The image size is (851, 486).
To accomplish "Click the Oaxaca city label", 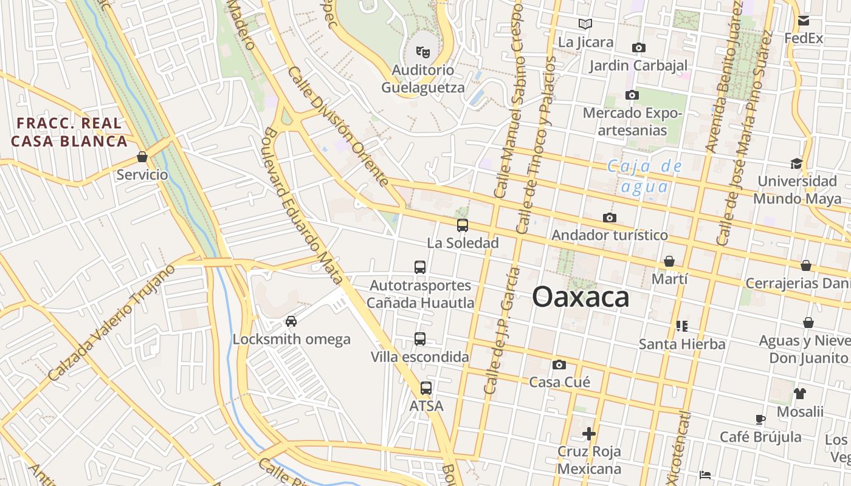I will coord(581,297).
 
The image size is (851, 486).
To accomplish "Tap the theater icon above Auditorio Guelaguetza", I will coord(422,52).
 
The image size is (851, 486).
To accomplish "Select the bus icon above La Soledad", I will coord(463,225).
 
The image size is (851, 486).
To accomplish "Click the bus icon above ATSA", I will coord(426,388).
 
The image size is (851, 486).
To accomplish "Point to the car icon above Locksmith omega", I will coord(291,321).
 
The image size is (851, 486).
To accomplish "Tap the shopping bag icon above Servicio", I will coord(142,157).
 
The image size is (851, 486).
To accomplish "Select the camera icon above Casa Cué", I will coord(559,364).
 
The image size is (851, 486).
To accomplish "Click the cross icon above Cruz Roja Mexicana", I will coord(589,434).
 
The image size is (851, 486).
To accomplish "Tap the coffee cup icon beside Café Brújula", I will coord(760,419).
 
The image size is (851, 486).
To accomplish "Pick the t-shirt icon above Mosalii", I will coord(800,393).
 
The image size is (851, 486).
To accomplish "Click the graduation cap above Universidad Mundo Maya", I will coord(796,163).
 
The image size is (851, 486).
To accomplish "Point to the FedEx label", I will coord(804,38).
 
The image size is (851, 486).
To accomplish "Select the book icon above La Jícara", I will coord(585,24).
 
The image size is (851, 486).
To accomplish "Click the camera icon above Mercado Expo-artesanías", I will coord(632,95).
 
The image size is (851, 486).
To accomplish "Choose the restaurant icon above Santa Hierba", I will coord(681,326).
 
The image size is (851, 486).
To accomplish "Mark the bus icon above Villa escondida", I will coord(420,339).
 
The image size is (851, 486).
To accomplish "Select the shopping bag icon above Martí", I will coord(669,261).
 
